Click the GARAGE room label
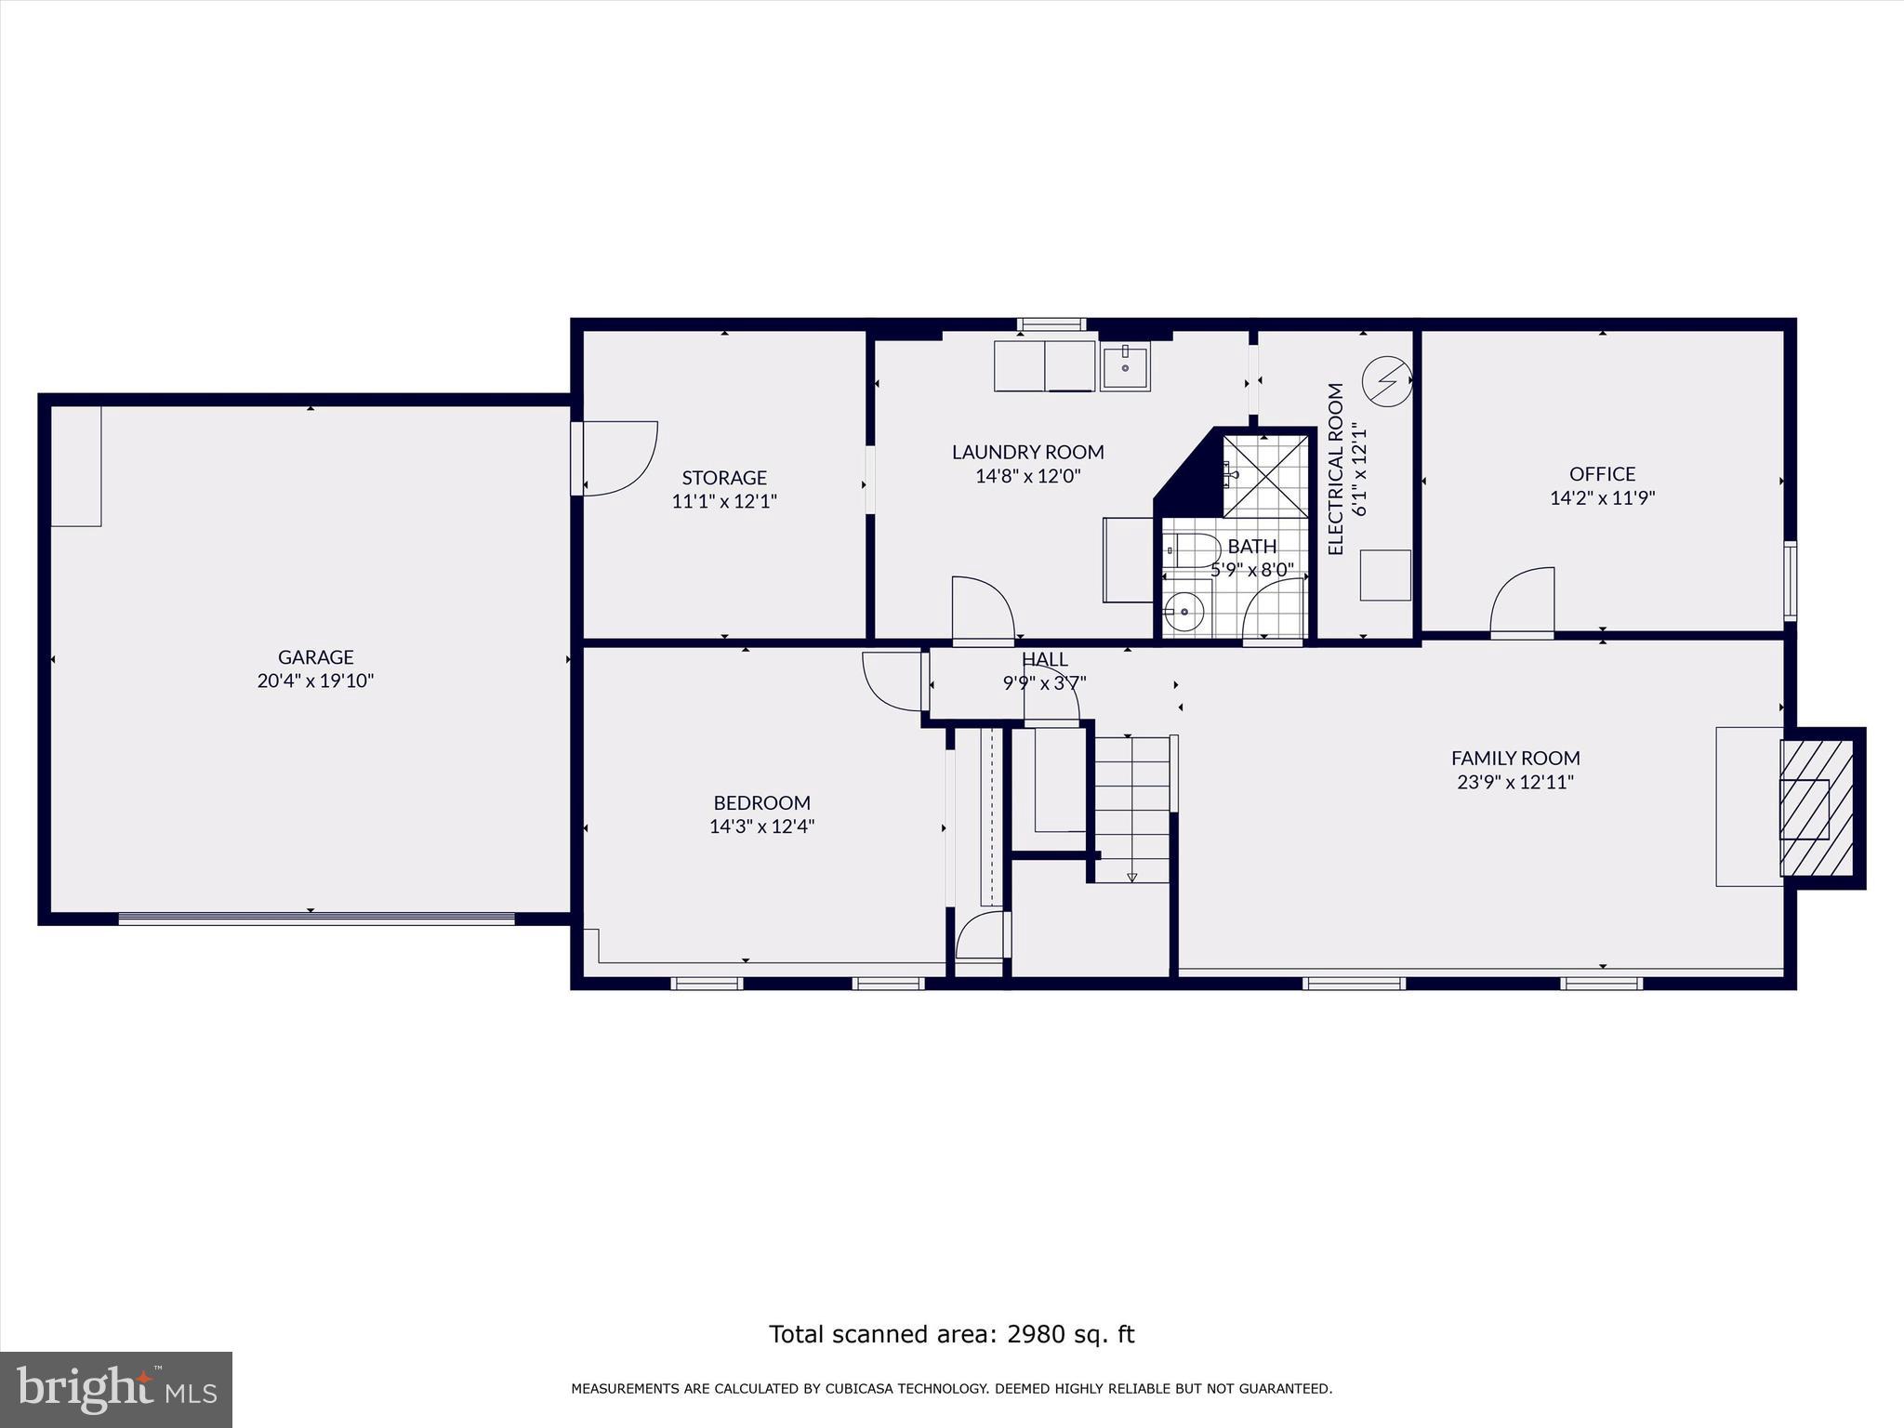pyautogui.click(x=315, y=657)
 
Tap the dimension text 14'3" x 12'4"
pyautogui.click(x=761, y=826)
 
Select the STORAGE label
pyautogui.click(x=724, y=478)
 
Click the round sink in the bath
pyautogui.click(x=1184, y=611)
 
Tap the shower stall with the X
pyautogui.click(x=1264, y=475)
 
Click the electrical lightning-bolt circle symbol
pyautogui.click(x=1386, y=379)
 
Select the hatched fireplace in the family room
pyautogui.click(x=1818, y=808)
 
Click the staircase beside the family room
pyautogui.click(x=1131, y=808)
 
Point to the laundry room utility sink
pyautogui.click(x=1126, y=364)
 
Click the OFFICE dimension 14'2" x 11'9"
pyautogui.click(x=1602, y=498)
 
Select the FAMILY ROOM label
pyautogui.click(x=1515, y=759)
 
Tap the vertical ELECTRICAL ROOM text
pyautogui.click(x=1336, y=469)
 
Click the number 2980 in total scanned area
pyautogui.click(x=1034, y=1335)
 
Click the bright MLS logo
pyautogui.click(x=116, y=1390)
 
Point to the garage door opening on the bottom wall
pyautogui.click(x=316, y=919)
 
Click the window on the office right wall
pyautogui.click(x=1790, y=580)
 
